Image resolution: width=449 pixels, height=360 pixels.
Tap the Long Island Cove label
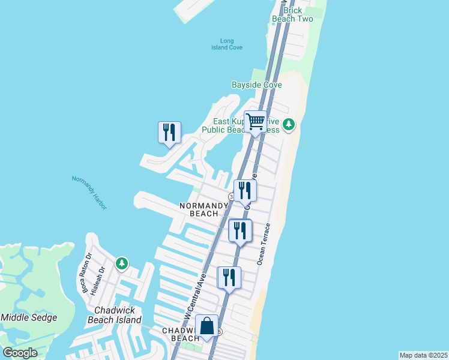click(x=223, y=44)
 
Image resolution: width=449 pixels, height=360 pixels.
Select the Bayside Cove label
click(x=257, y=85)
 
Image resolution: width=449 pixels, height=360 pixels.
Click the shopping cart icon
click(x=256, y=122)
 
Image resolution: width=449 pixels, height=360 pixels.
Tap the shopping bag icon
click(x=207, y=326)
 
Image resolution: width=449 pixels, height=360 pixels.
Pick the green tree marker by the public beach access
click(x=289, y=125)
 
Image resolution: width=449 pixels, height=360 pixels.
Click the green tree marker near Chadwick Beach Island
click(x=122, y=263)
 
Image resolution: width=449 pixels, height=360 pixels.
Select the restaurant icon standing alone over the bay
click(x=169, y=133)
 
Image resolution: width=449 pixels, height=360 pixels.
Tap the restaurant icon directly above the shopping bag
click(x=229, y=278)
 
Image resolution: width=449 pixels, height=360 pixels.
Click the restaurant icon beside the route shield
click(x=245, y=190)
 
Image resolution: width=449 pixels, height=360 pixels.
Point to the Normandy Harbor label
click(x=89, y=192)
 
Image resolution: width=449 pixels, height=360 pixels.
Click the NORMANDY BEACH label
click(x=204, y=209)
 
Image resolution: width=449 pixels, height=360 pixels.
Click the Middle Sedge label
click(x=29, y=317)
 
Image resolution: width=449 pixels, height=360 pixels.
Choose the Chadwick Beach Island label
click(x=118, y=315)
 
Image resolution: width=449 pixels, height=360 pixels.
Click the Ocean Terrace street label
click(x=264, y=244)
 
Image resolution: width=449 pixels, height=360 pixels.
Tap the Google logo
click(x=20, y=353)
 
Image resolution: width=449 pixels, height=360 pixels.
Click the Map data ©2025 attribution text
click(x=423, y=355)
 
